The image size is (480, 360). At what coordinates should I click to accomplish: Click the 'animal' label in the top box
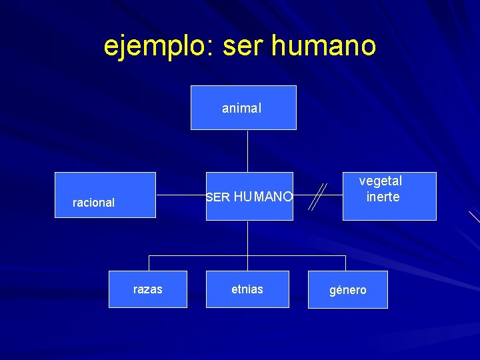click(241, 108)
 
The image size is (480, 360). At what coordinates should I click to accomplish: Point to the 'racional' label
click(93, 203)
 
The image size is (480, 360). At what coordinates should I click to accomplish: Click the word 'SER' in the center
click(218, 197)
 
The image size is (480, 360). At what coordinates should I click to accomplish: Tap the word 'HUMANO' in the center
click(263, 197)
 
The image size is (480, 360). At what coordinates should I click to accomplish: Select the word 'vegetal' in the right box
click(381, 181)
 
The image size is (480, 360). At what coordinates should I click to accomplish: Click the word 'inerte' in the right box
click(383, 197)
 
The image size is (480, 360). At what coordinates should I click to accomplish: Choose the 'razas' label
click(147, 289)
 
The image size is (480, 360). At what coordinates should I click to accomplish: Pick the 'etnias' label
click(247, 289)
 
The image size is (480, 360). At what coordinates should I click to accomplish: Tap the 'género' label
click(348, 291)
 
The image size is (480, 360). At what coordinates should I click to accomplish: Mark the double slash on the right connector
click(318, 197)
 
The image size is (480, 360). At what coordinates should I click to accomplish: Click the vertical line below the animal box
click(247, 151)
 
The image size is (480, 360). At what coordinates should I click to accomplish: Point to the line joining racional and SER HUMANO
click(180, 196)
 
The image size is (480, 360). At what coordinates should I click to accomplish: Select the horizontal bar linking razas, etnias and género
click(200, 255)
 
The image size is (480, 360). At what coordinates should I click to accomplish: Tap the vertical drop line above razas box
click(149, 263)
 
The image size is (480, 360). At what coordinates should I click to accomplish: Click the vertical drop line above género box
click(345, 263)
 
